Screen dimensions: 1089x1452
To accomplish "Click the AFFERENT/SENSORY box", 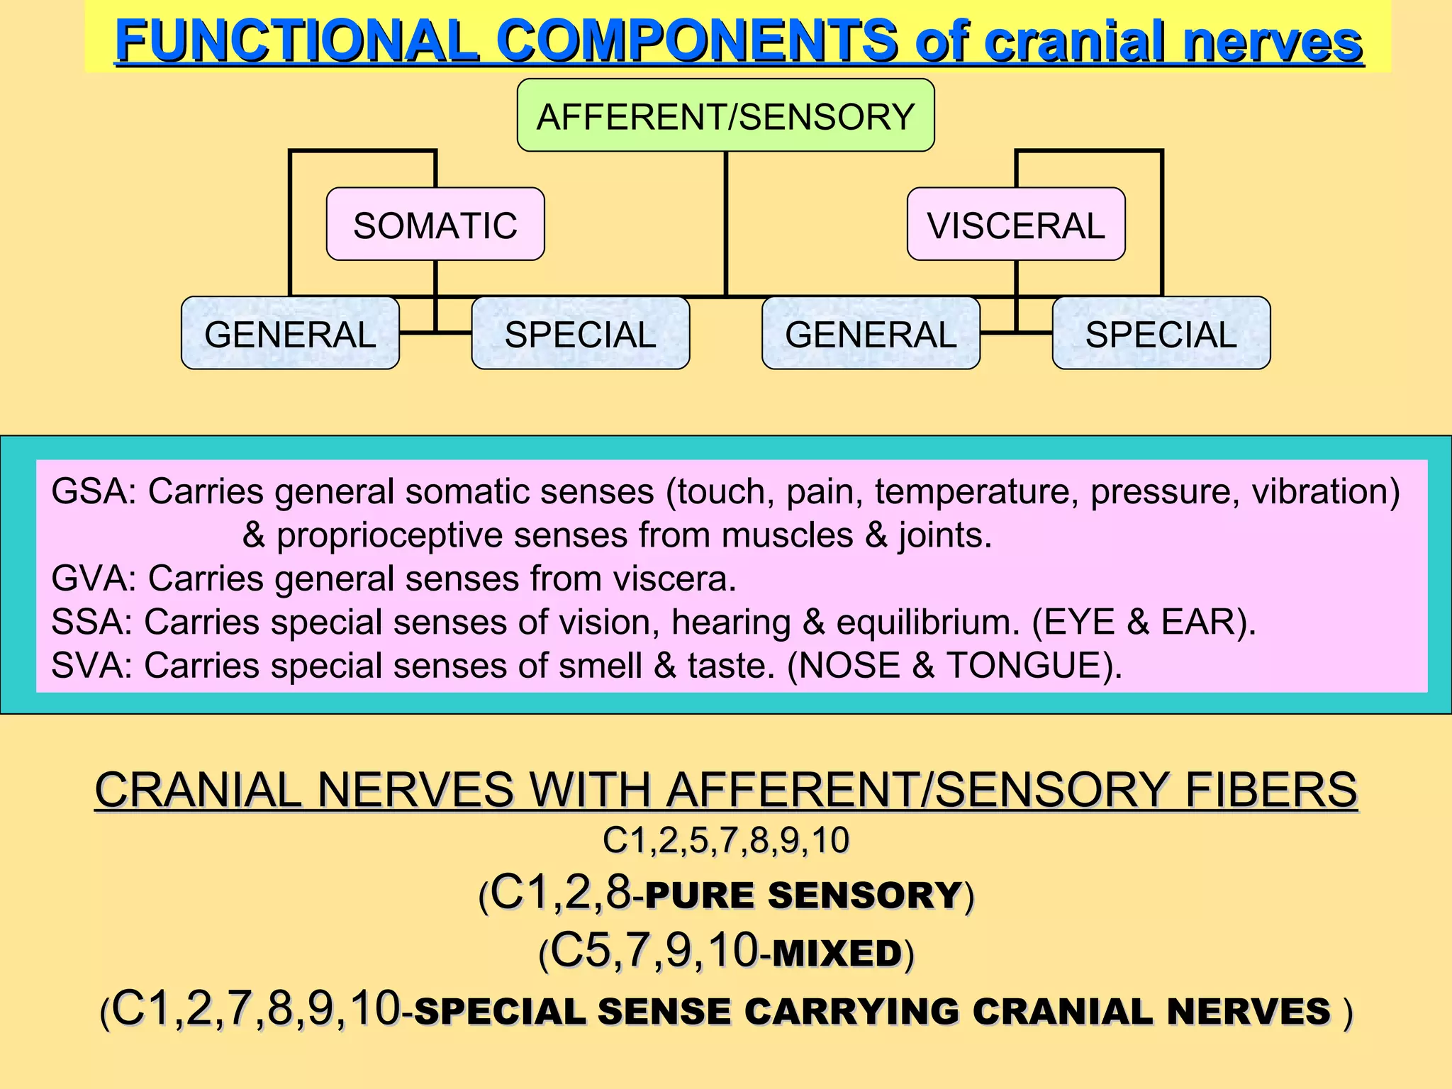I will (x=725, y=116).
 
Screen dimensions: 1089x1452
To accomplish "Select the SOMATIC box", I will (x=435, y=225).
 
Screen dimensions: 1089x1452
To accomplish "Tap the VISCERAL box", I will (x=1016, y=225).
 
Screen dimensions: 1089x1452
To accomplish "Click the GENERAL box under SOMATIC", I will (x=290, y=334).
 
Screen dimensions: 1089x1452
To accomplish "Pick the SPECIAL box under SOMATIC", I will (x=580, y=334).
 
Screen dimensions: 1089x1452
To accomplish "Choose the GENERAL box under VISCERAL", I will (x=871, y=334).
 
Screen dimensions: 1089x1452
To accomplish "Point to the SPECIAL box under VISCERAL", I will (x=1161, y=334).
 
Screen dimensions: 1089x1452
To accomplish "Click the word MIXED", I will (x=837, y=953).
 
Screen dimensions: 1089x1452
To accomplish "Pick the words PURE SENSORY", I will (x=803, y=895).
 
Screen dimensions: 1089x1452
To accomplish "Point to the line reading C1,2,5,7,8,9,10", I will (x=725, y=841).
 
